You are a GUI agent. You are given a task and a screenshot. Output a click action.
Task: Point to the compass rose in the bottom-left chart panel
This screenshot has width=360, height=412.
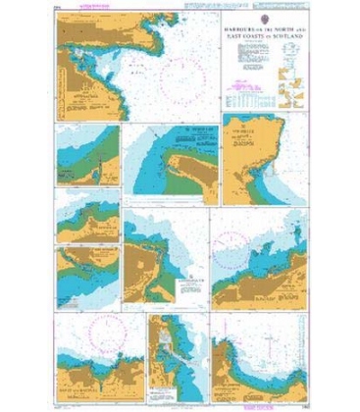[x=93, y=331]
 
